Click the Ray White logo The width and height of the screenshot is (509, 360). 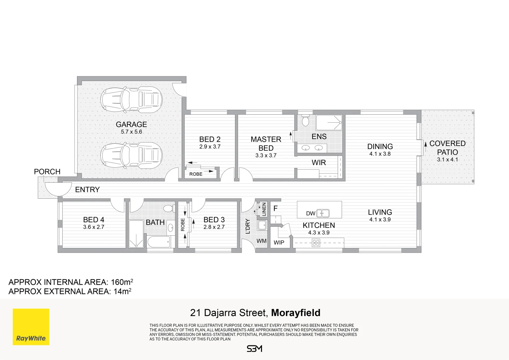click(31, 327)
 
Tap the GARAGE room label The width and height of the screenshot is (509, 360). click(131, 124)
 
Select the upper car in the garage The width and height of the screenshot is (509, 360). click(131, 99)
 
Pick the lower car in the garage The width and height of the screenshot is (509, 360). click(131, 155)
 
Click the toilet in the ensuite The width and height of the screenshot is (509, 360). click(306, 121)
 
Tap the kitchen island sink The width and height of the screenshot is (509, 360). click(323, 213)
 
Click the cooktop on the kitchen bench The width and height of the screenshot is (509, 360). click(316, 243)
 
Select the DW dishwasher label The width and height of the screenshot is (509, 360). click(311, 213)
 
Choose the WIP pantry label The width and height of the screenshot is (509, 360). click(279, 243)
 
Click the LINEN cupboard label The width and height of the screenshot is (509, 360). click(264, 209)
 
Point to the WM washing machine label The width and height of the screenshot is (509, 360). click(262, 241)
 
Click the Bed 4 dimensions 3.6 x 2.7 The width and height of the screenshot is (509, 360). click(94, 227)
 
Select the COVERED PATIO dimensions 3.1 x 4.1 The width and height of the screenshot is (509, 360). click(447, 160)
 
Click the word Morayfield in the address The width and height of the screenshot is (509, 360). click(296, 313)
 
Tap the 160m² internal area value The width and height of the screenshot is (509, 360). click(122, 282)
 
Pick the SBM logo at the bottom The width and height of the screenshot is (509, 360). click(255, 349)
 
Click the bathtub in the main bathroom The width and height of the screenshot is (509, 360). click(159, 242)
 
